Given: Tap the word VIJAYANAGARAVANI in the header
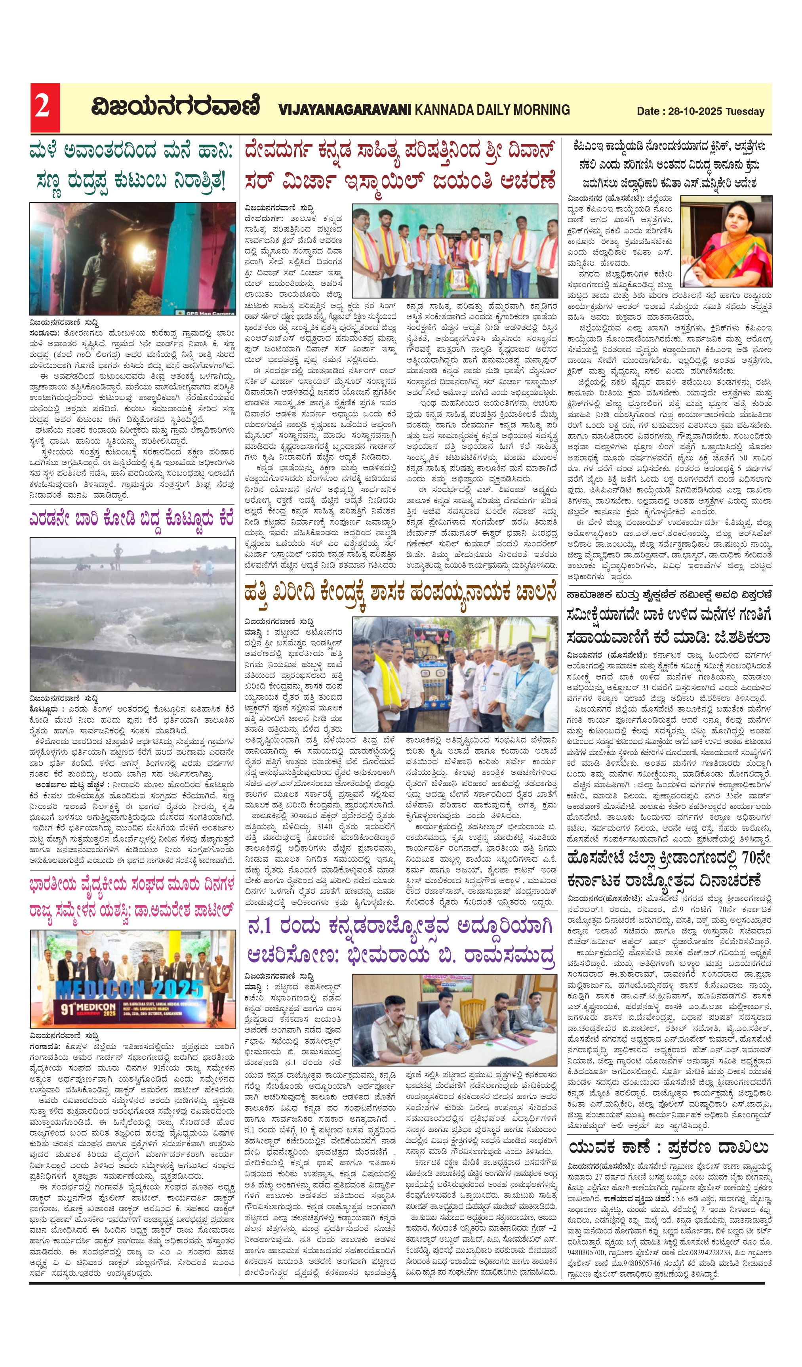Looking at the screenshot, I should [345, 110].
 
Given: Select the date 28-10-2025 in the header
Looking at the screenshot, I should [695, 111].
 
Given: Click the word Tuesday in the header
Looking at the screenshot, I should [745, 111].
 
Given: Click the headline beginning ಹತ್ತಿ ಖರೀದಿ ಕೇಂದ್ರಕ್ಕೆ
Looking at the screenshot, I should [400, 592].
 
